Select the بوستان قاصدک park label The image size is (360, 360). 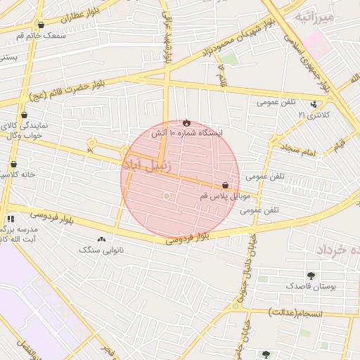pyautogui.click(x=304, y=286)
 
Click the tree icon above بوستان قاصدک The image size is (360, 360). pyautogui.click(x=311, y=276)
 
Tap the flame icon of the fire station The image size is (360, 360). pyautogui.click(x=186, y=122)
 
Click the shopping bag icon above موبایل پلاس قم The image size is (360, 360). pyautogui.click(x=225, y=185)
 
